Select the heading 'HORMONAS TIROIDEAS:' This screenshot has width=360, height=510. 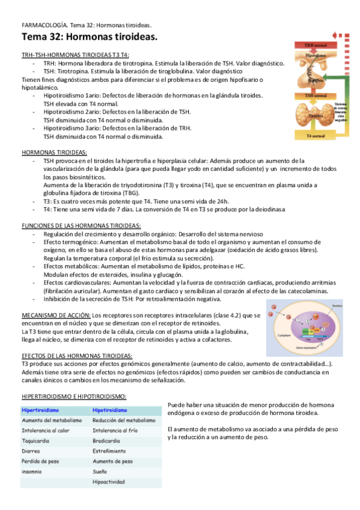click(54, 153)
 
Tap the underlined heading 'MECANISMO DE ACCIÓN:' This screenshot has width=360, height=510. click(56, 315)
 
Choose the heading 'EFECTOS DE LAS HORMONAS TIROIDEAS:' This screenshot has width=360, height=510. click(77, 356)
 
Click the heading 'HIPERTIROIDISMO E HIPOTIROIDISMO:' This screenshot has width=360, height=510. click(74, 397)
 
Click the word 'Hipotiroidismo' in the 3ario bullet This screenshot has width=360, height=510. click(64, 128)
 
